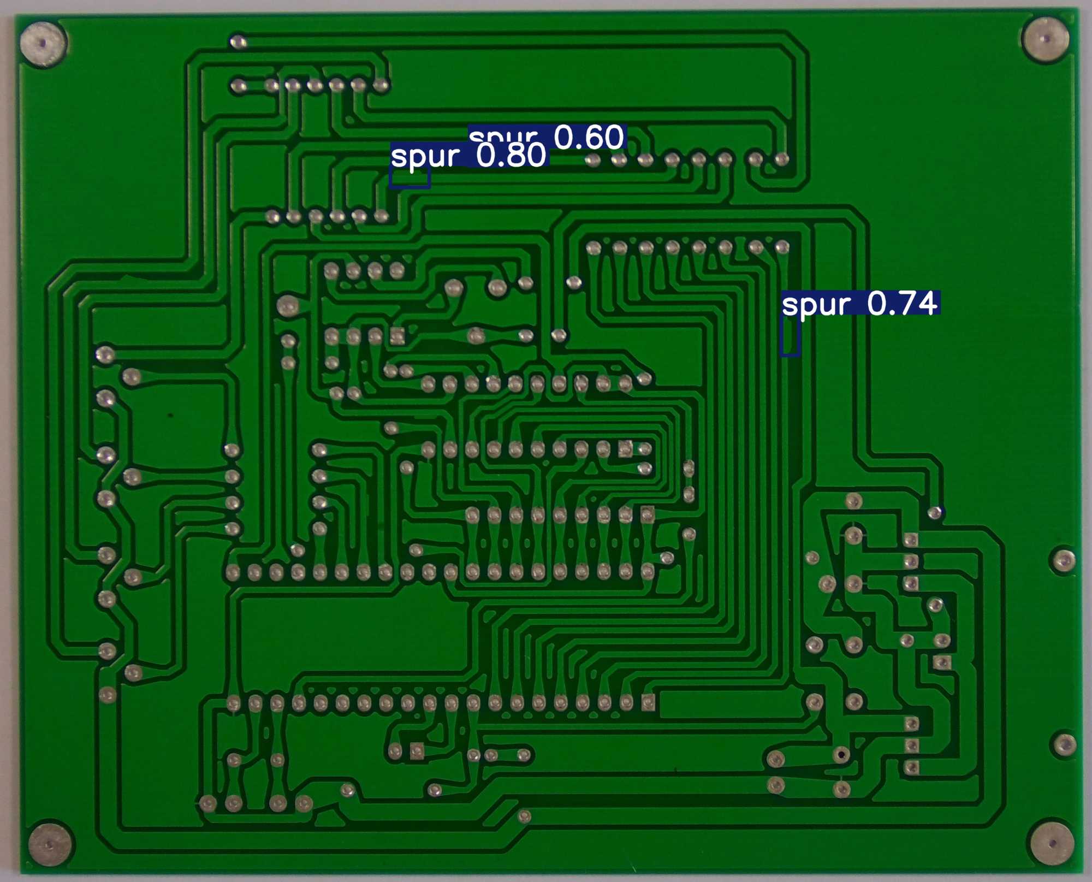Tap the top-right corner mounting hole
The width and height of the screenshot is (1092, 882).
(x=1045, y=39)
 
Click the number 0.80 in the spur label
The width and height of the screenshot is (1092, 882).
(x=511, y=156)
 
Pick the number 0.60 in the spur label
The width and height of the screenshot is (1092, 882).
(x=589, y=137)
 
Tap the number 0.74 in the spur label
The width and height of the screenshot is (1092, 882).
(x=903, y=304)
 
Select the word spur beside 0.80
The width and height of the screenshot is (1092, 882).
(x=425, y=157)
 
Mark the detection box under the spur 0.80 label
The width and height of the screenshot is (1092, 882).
(x=410, y=177)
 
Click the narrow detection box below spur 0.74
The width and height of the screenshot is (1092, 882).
(x=790, y=336)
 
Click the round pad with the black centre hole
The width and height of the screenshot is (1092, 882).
(x=841, y=755)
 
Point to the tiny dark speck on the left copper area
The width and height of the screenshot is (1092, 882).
(x=170, y=415)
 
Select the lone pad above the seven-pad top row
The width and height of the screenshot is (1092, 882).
(x=238, y=42)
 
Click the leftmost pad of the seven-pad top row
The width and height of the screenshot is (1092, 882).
(x=238, y=86)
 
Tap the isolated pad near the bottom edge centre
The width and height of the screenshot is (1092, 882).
(x=524, y=816)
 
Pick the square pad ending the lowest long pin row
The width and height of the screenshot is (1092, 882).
(x=648, y=702)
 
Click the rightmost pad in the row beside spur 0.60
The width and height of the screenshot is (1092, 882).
(x=782, y=159)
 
